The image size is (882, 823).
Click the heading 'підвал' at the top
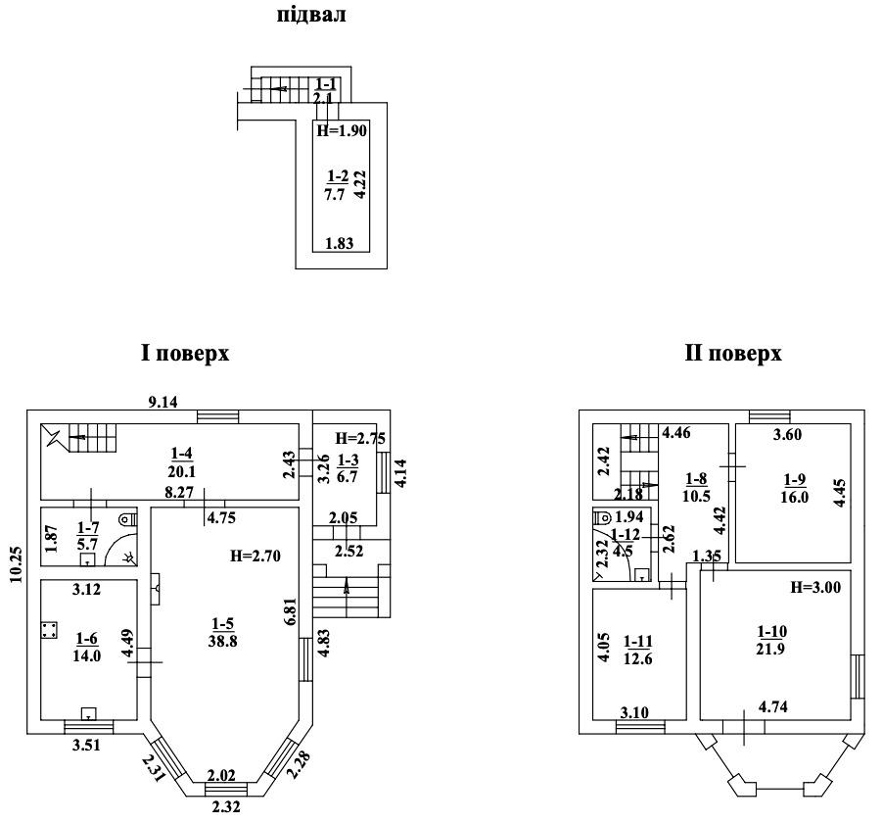311,16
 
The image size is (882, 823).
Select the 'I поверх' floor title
185,354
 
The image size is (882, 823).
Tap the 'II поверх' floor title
733,354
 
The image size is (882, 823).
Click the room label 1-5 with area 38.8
223,632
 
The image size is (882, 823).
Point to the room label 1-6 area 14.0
86,647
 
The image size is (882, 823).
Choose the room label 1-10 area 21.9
771,640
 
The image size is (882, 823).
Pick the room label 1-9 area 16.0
794,488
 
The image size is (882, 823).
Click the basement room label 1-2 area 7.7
337,185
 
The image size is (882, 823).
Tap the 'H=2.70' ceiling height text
255,557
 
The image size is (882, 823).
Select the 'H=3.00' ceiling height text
815,587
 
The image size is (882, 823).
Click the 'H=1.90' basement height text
342,130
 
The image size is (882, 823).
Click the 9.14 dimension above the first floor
162,402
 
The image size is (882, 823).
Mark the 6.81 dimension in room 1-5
291,610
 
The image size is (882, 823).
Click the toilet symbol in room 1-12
602,515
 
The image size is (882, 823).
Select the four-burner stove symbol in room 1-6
49,630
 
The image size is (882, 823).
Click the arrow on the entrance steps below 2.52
346,587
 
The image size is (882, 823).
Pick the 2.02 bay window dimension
221,775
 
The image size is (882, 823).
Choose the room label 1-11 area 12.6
638,650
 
